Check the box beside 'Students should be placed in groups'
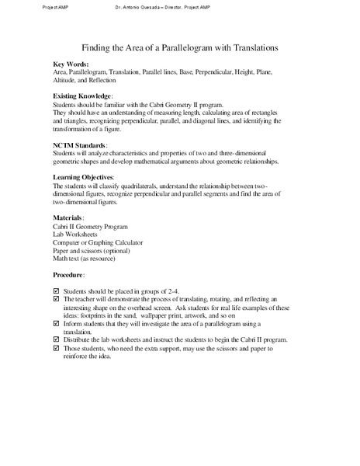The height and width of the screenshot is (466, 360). pyautogui.click(x=55, y=290)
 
